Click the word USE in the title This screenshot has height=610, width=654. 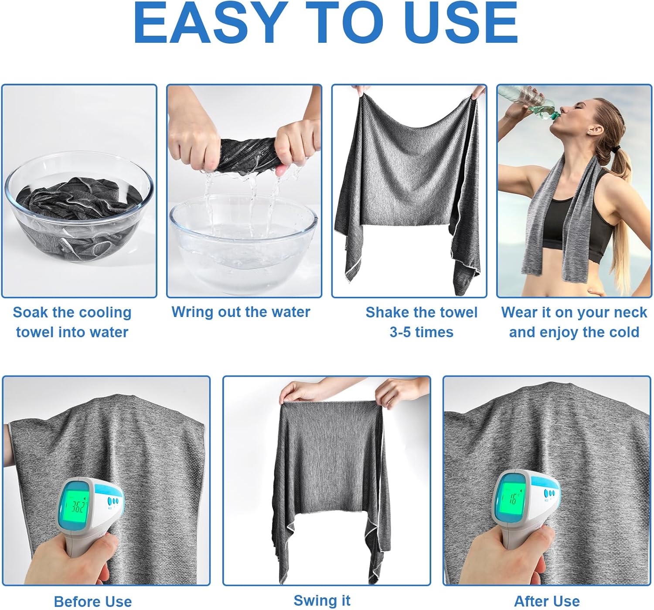click(x=464, y=22)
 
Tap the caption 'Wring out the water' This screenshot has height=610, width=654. click(x=241, y=312)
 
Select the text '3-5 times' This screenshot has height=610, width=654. click(x=421, y=332)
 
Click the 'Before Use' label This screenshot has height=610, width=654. click(x=93, y=601)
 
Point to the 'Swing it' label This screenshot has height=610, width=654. click(x=322, y=600)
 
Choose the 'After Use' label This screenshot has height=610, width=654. click(x=547, y=601)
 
